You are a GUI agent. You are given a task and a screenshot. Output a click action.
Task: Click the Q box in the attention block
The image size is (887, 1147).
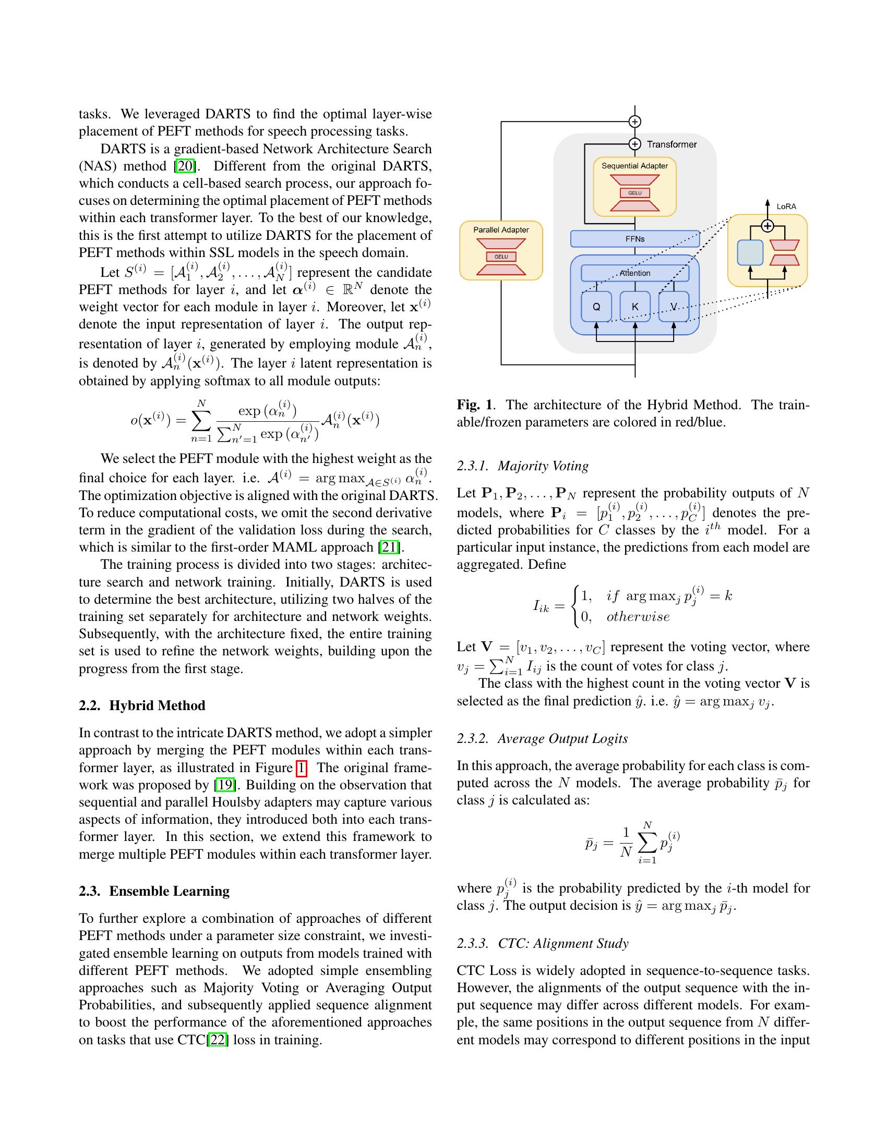pos(596,307)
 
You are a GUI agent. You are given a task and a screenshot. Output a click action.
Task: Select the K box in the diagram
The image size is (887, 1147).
pos(635,307)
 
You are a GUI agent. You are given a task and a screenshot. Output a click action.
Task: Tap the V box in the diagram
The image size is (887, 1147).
pos(674,307)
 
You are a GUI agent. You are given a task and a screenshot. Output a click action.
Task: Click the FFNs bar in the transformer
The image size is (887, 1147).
pos(635,239)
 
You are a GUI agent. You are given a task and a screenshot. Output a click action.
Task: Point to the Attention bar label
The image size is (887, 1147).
pos(635,273)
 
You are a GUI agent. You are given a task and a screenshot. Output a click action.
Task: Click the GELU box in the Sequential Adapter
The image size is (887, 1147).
pos(635,193)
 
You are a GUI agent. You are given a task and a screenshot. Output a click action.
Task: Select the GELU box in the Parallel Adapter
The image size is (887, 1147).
pos(501,257)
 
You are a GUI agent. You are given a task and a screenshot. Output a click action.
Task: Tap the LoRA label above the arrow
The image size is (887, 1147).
pos(786,206)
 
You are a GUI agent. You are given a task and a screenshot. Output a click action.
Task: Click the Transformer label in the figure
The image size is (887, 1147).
pos(671,144)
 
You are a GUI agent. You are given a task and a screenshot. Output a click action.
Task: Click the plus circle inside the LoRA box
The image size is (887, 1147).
pos(768,226)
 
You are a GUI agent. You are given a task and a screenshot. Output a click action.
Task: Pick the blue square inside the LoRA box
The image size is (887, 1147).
pos(750,253)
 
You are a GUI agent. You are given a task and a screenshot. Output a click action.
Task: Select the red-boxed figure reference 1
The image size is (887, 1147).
pos(301,768)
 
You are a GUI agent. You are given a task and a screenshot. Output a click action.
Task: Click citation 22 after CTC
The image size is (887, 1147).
pos(218,1040)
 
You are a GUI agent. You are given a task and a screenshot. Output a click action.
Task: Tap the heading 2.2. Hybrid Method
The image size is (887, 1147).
pos(142,705)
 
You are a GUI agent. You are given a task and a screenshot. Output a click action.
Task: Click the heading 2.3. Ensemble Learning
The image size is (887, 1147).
pos(154,891)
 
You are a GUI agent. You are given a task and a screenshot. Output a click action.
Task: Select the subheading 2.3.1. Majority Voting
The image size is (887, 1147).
pos(522,466)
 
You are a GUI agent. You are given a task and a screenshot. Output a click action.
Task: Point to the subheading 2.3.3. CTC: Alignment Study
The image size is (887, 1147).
pos(542,943)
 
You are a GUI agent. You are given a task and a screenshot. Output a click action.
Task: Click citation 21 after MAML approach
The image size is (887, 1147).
pos(389,547)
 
